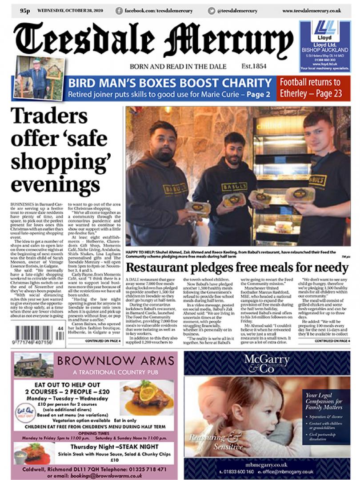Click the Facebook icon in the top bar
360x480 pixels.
[119, 11]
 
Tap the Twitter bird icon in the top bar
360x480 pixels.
[212, 11]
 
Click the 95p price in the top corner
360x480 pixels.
[24, 11]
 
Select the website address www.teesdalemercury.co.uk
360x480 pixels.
[312, 11]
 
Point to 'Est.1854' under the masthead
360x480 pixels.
[254, 66]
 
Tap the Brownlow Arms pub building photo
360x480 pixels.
[33, 365]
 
